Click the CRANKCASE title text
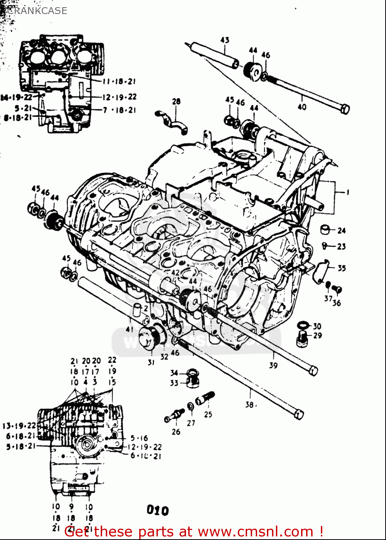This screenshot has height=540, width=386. click(37, 10)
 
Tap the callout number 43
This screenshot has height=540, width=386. click(225, 40)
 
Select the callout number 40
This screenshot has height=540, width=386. click(302, 107)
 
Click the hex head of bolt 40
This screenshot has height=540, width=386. click(345, 108)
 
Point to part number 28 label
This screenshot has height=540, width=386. click(176, 102)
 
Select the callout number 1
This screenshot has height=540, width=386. click(348, 192)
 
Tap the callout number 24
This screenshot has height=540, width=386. click(341, 230)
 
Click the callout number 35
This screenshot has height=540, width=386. click(341, 268)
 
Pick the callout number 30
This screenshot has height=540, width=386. click(317, 326)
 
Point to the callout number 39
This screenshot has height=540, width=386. click(273, 365)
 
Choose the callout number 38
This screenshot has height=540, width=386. click(249, 405)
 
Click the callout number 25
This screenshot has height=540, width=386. click(208, 414)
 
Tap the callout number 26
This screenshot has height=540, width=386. click(176, 432)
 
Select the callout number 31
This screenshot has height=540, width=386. click(151, 362)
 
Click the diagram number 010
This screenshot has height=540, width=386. click(158, 510)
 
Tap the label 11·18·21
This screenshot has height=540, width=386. click(119, 82)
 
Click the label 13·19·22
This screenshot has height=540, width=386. click(19, 426)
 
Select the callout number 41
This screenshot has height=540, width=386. click(130, 329)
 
